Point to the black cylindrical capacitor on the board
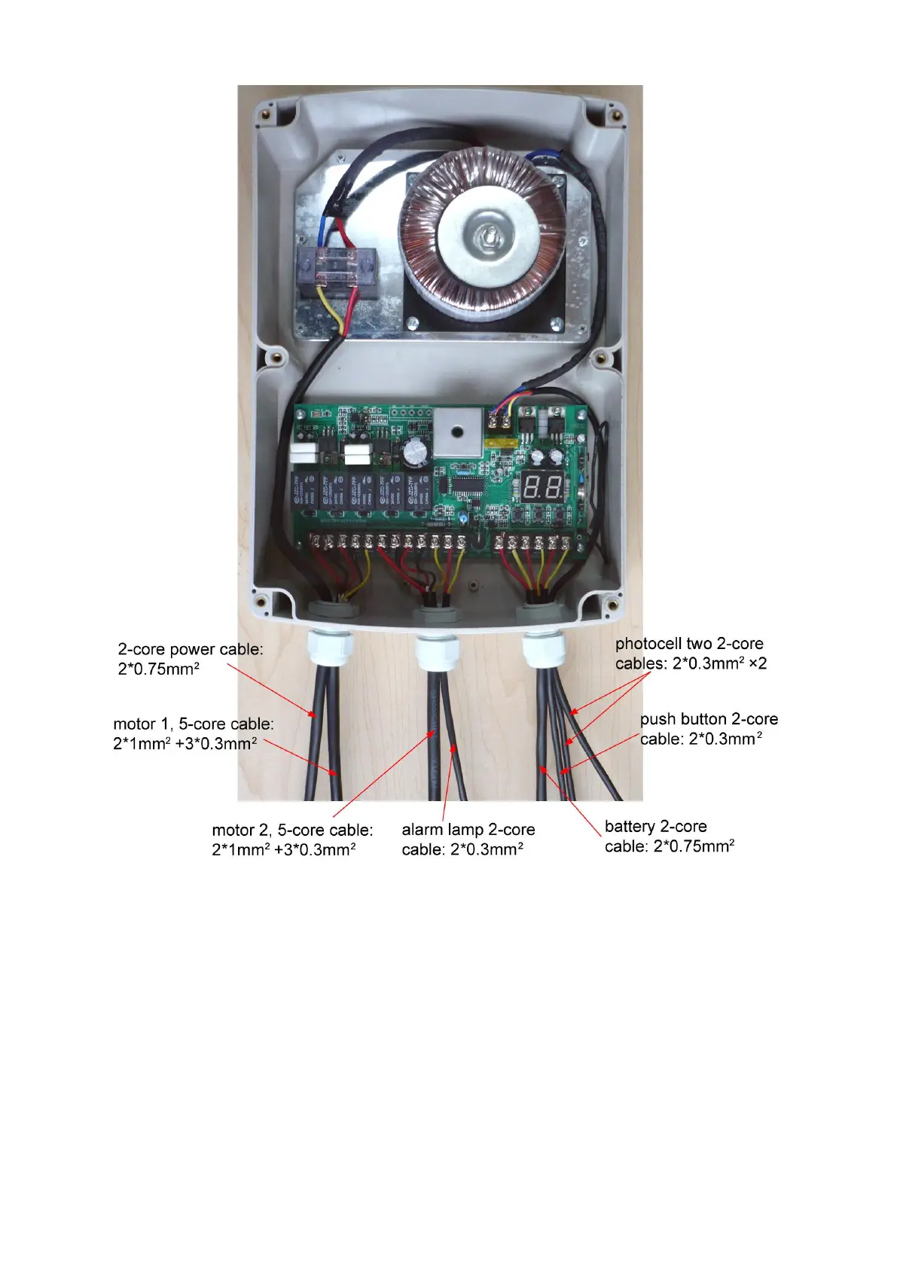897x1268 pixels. pyautogui.click(x=415, y=453)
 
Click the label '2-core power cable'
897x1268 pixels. pyautogui.click(x=191, y=649)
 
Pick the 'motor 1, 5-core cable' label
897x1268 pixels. pyautogui.click(x=194, y=724)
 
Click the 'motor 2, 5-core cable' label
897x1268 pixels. pyautogui.click(x=292, y=830)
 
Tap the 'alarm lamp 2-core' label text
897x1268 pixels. pyautogui.click(x=468, y=829)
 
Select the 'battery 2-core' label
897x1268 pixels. pyautogui.click(x=655, y=826)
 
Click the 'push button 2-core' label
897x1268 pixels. pyautogui.click(x=709, y=719)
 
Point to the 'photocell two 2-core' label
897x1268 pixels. pyautogui.click(x=689, y=644)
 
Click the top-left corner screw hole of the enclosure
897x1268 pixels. pyautogui.click(x=265, y=115)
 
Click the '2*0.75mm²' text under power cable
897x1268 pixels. pyautogui.click(x=158, y=669)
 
